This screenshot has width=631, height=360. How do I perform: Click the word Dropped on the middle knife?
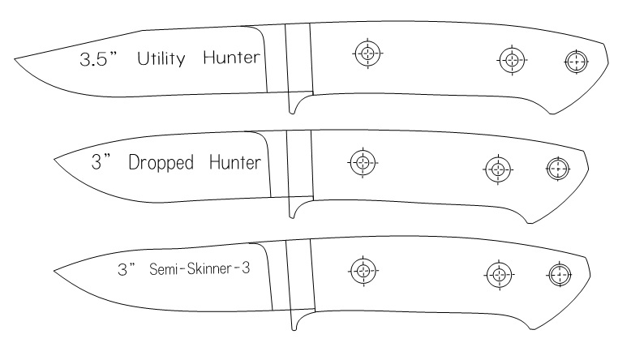pyautogui.click(x=161, y=164)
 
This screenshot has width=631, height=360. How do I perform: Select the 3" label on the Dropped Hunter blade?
pyautogui.click(x=101, y=163)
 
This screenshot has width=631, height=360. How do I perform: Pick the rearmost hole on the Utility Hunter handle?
pyautogui.click(x=576, y=62)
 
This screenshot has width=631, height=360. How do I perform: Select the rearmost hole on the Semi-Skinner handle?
pyautogui.click(x=559, y=274)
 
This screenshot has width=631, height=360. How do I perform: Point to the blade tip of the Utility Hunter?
pyautogui.click(x=15, y=58)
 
